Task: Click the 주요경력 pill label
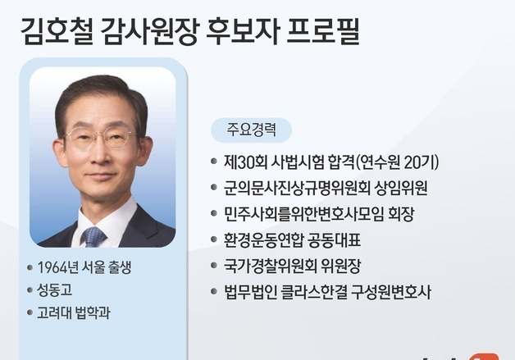point(251,130)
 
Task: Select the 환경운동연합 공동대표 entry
point(292,240)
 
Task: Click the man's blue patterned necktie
point(93,236)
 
